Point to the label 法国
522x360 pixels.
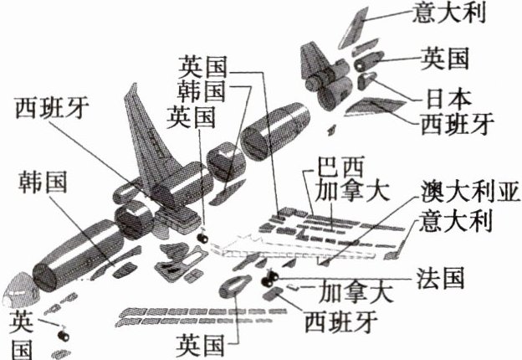pyautogui.click(x=441, y=278)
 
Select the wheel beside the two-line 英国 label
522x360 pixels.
pyautogui.click(x=64, y=334)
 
